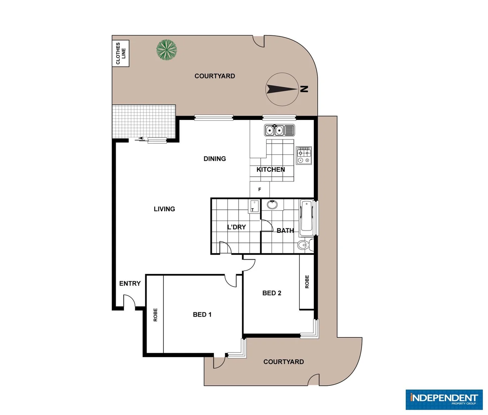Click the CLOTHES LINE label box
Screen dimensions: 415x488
coord(120,53)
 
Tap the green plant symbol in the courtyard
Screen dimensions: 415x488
coord(167,50)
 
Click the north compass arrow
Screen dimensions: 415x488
coord(281,89)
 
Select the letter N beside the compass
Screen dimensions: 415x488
coord(304,89)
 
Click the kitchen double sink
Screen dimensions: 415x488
coord(279,130)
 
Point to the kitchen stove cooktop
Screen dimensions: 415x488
coord(304,156)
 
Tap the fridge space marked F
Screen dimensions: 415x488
coord(260,189)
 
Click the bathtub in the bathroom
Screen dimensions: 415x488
coord(306,217)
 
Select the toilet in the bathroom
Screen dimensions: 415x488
coord(304,245)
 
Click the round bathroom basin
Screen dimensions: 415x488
coord(272,204)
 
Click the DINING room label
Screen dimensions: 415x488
coord(215,159)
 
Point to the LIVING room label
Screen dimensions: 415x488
coord(164,209)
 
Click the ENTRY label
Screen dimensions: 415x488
coord(130,284)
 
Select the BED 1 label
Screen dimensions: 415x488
coord(202,315)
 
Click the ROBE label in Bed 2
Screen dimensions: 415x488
coord(307,282)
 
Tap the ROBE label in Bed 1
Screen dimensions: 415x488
coord(155,315)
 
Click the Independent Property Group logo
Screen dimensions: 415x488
coord(444,399)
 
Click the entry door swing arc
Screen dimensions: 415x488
coord(130,300)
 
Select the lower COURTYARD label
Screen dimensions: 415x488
coord(283,362)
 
